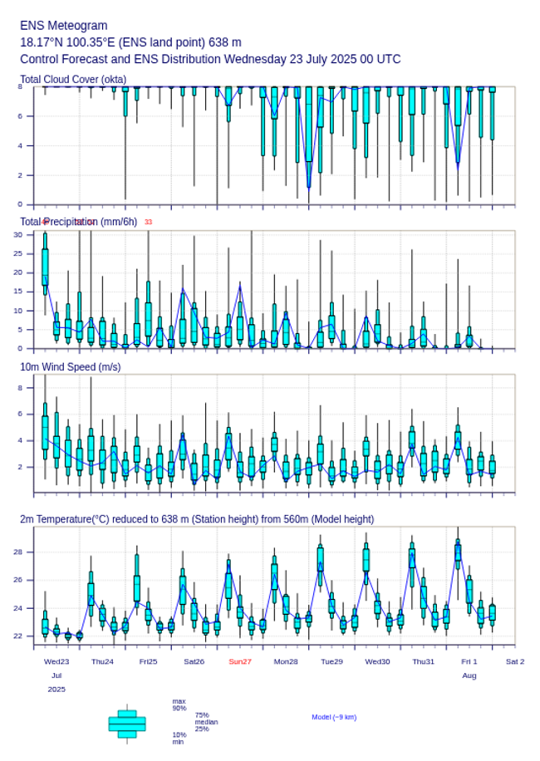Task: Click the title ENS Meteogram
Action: click(64, 26)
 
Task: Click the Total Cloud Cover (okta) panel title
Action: click(73, 79)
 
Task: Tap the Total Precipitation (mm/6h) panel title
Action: click(79, 222)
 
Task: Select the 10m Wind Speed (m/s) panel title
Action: click(70, 366)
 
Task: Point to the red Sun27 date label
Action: click(240, 661)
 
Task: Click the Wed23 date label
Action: click(56, 661)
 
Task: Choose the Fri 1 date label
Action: click(469, 661)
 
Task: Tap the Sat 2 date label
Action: click(515, 661)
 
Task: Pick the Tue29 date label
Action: click(331, 661)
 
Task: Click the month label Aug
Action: click(469, 675)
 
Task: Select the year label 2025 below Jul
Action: click(56, 690)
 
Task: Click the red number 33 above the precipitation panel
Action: click(148, 222)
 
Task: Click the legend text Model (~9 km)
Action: click(334, 717)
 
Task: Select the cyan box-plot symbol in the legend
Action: click(127, 724)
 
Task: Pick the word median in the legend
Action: click(206, 722)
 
